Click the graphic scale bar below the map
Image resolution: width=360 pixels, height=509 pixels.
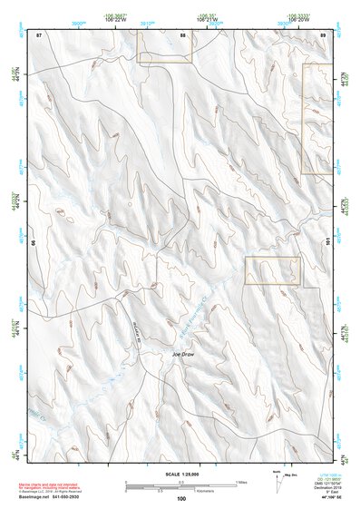tap(180, 484)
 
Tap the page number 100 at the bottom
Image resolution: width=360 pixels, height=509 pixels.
tap(180, 499)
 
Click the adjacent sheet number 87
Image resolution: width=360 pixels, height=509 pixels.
tap(39, 34)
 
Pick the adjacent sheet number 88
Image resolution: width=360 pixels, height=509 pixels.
tap(183, 34)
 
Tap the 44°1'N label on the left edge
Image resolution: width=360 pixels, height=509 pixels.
tap(14, 331)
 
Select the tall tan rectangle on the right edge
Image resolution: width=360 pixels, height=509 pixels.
tap(316, 118)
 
